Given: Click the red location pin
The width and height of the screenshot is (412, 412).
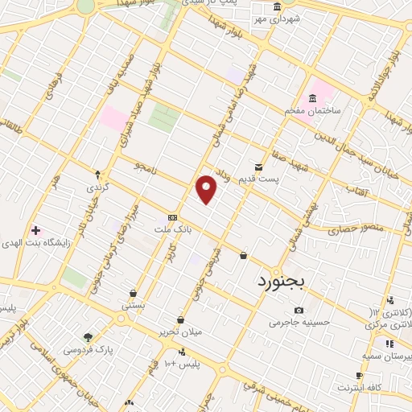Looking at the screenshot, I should point(207,189).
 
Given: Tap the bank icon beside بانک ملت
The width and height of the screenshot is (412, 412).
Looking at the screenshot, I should point(172,217).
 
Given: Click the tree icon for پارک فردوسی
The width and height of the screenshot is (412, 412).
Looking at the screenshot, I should point(88,337).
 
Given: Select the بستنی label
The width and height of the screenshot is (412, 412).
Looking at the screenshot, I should point(133,306).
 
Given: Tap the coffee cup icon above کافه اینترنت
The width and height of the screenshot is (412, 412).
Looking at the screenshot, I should point(359,376).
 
